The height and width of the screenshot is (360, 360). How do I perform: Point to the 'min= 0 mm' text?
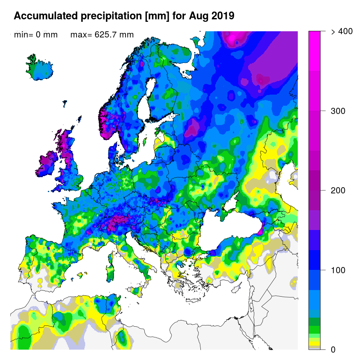[x=36, y=35]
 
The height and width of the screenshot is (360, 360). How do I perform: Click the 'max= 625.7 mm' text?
[x=102, y=35]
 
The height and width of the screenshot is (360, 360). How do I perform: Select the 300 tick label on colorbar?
[x=338, y=111]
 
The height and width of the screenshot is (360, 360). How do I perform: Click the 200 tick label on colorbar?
[x=338, y=190]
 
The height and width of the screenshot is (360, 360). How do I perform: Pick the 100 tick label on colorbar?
[x=338, y=270]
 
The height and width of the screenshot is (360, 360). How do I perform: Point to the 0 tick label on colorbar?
[x=333, y=350]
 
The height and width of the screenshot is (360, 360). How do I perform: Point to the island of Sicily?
[x=138, y=291]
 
